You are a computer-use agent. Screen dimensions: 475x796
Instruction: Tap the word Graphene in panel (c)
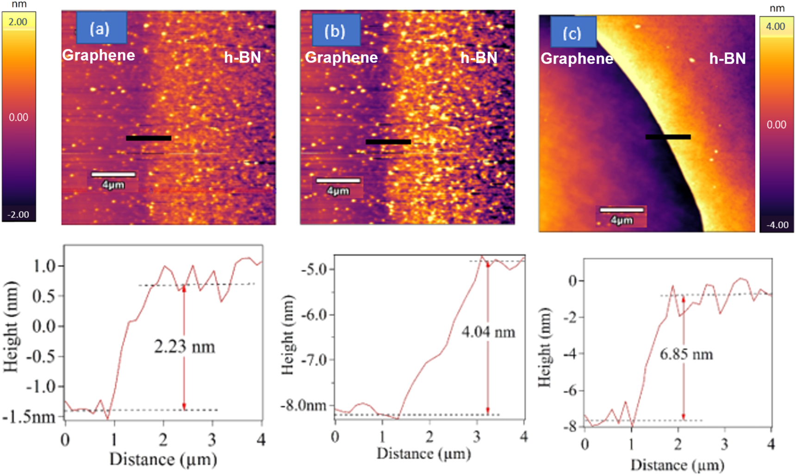point(577,59)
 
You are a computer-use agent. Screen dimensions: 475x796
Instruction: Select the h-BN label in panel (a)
point(243,57)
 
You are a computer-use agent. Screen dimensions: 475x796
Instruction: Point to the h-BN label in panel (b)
point(479,58)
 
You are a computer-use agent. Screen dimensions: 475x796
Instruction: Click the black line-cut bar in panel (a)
point(149,138)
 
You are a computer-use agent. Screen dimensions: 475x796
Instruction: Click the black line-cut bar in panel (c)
point(668,137)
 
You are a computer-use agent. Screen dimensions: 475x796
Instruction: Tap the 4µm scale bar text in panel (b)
point(338,191)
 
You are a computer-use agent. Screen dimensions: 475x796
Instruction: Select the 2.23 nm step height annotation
point(184,347)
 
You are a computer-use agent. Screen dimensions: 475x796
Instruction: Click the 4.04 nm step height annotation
point(488,332)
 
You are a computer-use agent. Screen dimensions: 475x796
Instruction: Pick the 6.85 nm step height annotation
point(686,354)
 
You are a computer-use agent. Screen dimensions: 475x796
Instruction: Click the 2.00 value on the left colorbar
point(18,22)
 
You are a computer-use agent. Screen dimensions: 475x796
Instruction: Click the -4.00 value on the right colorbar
point(777,225)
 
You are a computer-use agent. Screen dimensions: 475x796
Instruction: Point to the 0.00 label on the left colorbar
point(19,117)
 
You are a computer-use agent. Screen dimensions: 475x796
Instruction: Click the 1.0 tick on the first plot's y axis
point(44,266)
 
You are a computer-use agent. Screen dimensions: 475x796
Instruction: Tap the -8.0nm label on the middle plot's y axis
point(304,406)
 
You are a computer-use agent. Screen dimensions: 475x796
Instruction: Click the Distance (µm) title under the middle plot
point(423,454)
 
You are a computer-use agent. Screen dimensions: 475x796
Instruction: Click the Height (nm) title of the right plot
point(545,347)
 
